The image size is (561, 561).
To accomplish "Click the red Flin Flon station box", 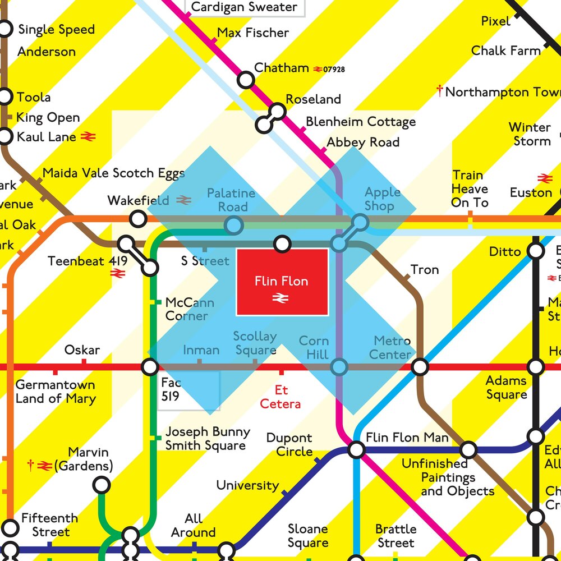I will coord(282,282).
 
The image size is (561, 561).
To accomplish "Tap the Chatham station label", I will coord(282,68).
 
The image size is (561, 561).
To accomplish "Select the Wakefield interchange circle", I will coord(137,218).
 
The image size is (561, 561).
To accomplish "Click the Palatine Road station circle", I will coord(233,226).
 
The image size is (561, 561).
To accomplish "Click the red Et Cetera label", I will coord(280,397).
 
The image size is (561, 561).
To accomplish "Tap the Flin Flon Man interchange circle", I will coord(356,449).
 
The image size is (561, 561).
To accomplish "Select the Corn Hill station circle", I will coord(339,367).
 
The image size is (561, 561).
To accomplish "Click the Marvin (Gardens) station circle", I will coord(101,484).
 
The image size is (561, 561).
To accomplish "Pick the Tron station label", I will coord(425,270).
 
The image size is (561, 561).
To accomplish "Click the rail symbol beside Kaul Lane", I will coord(89,136).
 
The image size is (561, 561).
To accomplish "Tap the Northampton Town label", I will coord(502,92).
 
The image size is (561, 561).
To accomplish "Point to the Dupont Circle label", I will coord(289,445).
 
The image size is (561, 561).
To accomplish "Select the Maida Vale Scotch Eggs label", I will coord(113,173).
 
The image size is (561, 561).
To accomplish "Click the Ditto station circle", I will coord(536,251).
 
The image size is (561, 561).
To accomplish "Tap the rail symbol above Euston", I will coord(545,178).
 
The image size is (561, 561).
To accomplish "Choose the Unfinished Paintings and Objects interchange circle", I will coord(468,449).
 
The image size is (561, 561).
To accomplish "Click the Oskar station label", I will coord(82,350).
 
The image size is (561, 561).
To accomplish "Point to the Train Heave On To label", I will coord(470,189).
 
